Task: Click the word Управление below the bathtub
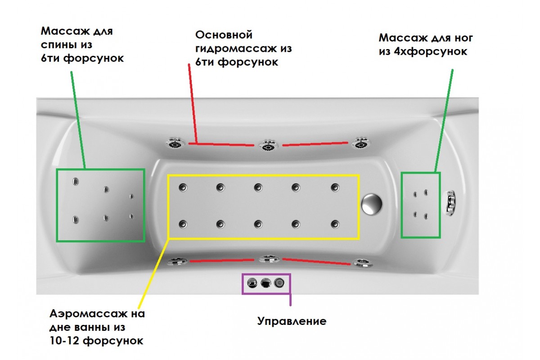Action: tap(292, 321)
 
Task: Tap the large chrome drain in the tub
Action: tap(372, 203)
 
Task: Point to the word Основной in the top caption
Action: tap(224, 35)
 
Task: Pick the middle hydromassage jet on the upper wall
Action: tap(268, 146)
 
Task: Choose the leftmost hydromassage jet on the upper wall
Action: tap(175, 144)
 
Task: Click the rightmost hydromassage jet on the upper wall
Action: tap(360, 144)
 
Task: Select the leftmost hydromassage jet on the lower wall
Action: tap(177, 261)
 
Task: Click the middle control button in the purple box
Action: tap(265, 283)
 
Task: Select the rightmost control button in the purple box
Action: tap(279, 283)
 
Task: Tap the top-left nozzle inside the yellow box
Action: tap(183, 187)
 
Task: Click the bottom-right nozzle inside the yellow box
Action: tap(335, 223)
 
